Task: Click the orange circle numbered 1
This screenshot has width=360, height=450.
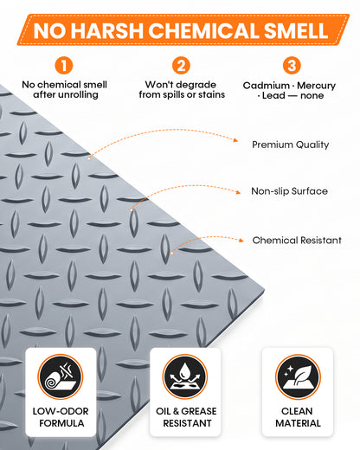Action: click(x=64, y=66)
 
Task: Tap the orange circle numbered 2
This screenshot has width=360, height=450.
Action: click(x=181, y=66)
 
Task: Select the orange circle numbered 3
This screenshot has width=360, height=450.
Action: click(x=292, y=66)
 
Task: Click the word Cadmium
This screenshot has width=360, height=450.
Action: click(x=267, y=86)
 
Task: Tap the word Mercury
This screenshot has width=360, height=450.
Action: click(x=317, y=86)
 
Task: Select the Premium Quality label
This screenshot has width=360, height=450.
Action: click(x=291, y=145)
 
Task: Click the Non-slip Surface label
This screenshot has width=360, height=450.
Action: click(x=289, y=191)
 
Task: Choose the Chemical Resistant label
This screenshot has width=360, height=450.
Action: click(x=297, y=240)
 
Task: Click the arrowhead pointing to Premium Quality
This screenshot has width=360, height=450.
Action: click(x=235, y=140)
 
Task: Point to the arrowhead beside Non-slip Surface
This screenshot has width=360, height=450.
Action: click(x=238, y=192)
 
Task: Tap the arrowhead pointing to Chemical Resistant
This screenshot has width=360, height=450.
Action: click(x=241, y=240)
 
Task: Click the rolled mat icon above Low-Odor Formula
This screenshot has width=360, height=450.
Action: click(x=61, y=376)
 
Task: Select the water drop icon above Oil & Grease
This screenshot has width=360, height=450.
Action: click(x=185, y=376)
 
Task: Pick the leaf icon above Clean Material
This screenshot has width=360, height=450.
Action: click(x=298, y=376)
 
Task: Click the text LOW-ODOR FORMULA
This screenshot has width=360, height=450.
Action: click(x=61, y=417)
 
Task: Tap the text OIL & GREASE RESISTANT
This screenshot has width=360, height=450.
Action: click(x=186, y=417)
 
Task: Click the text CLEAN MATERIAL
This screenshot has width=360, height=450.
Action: click(x=298, y=417)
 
